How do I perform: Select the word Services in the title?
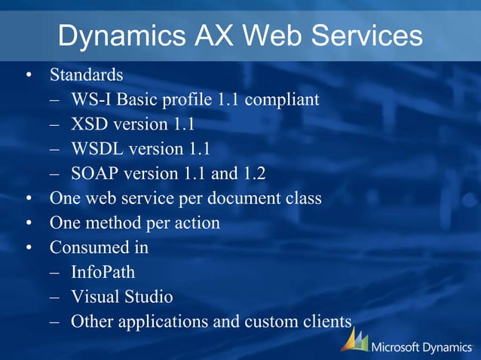click(365, 35)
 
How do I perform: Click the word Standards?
click(86, 75)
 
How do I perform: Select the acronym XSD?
click(89, 124)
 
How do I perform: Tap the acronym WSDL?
click(95, 149)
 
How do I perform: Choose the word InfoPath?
click(103, 272)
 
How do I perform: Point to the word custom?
click(269, 322)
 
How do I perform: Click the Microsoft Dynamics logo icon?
click(354, 340)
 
